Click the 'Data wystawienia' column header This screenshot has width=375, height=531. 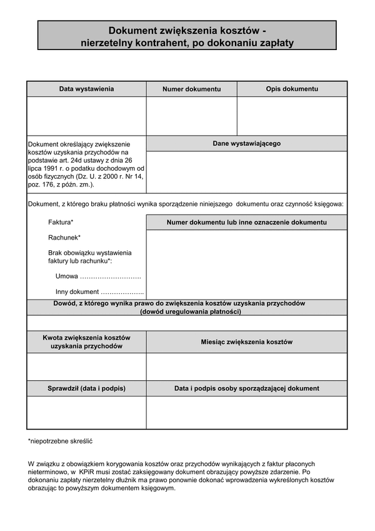point(86,89)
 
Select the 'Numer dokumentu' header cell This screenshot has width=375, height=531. point(191,89)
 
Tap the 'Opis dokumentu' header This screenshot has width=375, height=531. point(292,89)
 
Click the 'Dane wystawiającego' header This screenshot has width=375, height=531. point(246,143)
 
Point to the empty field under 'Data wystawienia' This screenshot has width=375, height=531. point(86,116)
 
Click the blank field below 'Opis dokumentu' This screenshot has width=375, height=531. point(292,116)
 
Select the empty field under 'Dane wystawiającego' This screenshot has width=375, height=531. point(246,171)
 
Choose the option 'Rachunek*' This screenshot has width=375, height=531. point(64,238)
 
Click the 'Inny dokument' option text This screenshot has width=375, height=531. point(77,291)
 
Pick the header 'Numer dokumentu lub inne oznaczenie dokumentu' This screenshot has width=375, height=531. point(246,222)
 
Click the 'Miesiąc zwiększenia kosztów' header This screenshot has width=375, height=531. point(246,342)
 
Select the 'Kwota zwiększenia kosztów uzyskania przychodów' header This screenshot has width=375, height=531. point(86,341)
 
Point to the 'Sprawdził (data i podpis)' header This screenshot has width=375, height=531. point(86,388)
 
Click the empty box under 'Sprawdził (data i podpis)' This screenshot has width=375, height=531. point(86,412)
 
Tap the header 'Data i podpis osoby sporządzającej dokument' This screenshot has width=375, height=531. point(246,388)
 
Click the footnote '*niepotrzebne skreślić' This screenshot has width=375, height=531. point(59,441)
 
